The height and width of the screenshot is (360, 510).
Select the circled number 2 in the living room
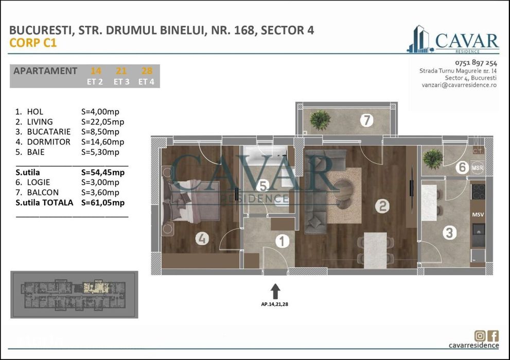click(382, 207)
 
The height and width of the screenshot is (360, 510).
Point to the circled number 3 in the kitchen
click(449, 233)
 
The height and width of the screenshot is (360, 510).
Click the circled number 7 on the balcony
click(366, 121)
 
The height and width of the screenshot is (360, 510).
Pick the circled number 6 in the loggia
click(462, 167)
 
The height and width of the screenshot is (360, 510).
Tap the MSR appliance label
click(477, 168)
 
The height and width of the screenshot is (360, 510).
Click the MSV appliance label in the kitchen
click(478, 214)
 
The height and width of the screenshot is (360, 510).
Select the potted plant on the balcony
click(320, 119)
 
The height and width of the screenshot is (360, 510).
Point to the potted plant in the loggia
click(432, 158)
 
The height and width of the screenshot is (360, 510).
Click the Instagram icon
click(479, 336)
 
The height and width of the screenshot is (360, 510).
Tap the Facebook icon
click(493, 336)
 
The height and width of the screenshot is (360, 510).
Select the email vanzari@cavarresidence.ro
click(459, 85)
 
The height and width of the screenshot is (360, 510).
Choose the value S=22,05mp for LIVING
click(102, 122)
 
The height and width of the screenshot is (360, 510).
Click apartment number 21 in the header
click(121, 71)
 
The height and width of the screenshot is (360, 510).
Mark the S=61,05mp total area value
click(102, 203)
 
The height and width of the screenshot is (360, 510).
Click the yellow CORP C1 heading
click(33, 43)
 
